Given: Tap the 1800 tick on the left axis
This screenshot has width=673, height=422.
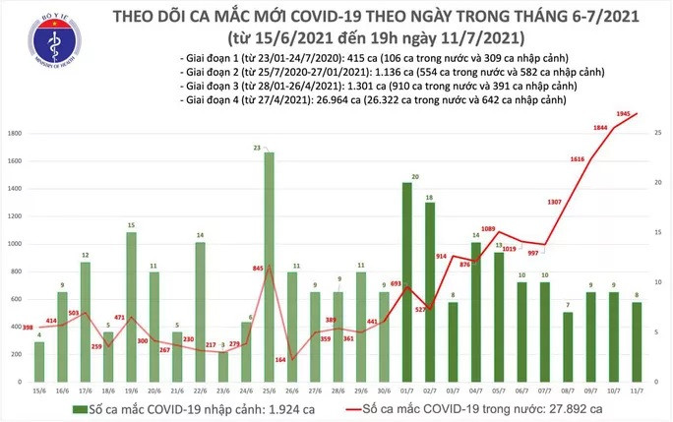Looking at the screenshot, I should tap(16, 132).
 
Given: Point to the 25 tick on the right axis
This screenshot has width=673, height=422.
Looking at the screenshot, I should tap(657, 132).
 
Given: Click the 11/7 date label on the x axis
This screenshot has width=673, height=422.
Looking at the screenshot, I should tap(636, 391).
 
